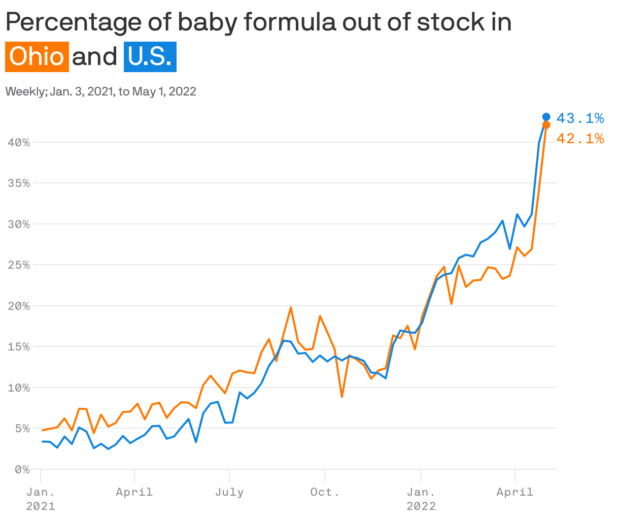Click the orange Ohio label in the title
(37, 56)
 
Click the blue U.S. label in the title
(150, 56)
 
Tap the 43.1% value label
(580, 118)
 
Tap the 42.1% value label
(580, 138)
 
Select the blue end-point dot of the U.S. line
(546, 117)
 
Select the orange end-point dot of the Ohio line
(546, 125)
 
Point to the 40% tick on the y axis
(19, 143)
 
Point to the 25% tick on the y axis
(19, 265)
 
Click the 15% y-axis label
(19, 347)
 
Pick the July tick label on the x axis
(229, 492)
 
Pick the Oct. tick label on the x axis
(325, 492)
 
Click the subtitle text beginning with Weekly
(100, 92)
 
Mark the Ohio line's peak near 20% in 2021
(291, 307)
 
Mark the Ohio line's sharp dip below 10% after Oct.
(342, 397)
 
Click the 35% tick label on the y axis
(19, 183)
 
